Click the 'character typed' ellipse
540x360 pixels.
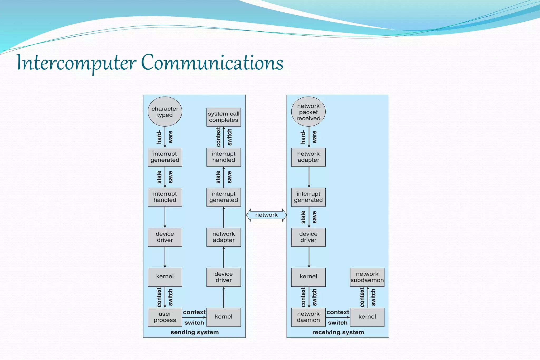pos(165,112)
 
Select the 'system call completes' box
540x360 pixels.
pos(224,117)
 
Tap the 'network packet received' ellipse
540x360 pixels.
pos(308,112)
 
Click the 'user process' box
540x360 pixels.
pos(165,317)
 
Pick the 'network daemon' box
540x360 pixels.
pos(308,317)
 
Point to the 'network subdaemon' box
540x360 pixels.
pos(367,277)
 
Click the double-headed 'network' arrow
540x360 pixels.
pos(266,215)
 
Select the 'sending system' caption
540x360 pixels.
pos(195,332)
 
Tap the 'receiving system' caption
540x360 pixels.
pos(338,332)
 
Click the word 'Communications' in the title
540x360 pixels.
pos(212,63)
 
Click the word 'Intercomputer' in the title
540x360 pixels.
pos(76,63)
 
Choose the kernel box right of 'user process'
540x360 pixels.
pos(224,317)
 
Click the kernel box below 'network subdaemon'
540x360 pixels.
pos(367,317)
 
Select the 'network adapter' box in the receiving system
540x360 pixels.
pos(308,157)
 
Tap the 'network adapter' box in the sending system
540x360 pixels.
pos(224,237)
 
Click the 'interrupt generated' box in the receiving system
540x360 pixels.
pos(308,197)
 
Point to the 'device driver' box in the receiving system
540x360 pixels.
pos(308,237)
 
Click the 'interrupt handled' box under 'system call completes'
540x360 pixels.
pos(224,157)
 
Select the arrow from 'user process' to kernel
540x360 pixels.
pos(194,317)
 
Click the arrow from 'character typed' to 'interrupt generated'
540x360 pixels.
pos(165,137)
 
